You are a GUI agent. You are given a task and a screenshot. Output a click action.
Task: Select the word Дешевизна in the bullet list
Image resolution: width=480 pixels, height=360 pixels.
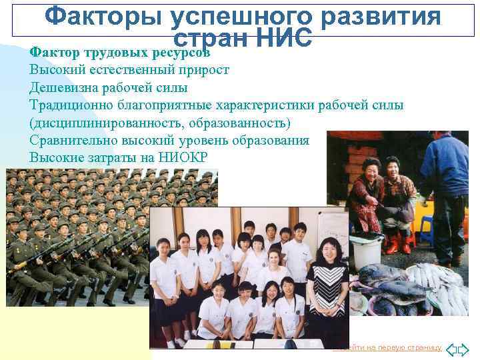click(62, 88)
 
